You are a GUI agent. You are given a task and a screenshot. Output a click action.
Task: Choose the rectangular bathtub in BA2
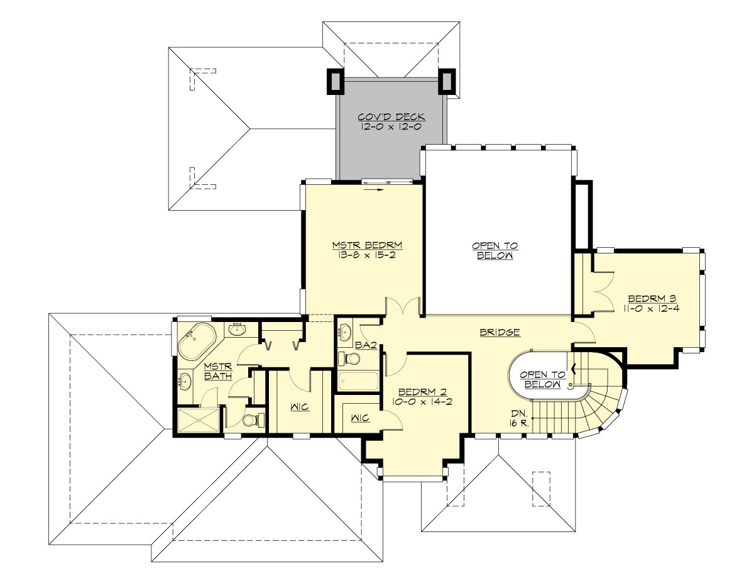(x=358, y=381)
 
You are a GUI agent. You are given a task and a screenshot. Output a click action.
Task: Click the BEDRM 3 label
(x=651, y=298)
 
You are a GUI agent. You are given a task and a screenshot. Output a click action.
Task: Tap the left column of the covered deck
(x=334, y=81)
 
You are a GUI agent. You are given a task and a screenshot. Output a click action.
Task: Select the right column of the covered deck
(x=449, y=81)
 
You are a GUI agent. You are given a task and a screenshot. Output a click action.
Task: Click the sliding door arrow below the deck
(x=376, y=189)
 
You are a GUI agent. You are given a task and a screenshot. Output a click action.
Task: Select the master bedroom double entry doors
(x=403, y=307)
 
